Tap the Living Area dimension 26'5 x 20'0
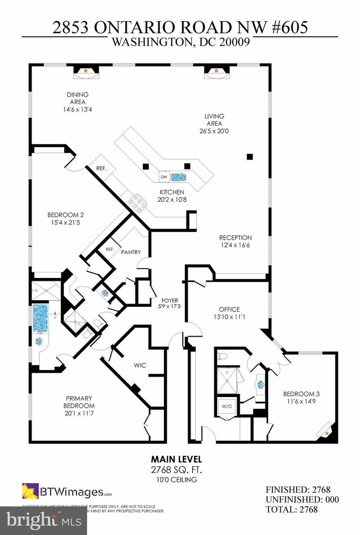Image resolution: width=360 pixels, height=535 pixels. pyautogui.click(x=214, y=132)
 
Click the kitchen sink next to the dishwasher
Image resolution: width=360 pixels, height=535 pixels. pyautogui.click(x=178, y=177)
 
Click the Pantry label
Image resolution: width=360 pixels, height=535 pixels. pyautogui.click(x=131, y=252)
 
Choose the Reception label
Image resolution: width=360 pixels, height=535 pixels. pyautogui.click(x=235, y=238)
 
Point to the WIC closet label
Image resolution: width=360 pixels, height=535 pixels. pyautogui.click(x=140, y=365)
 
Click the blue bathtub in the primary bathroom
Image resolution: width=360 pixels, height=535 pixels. pyautogui.click(x=40, y=317)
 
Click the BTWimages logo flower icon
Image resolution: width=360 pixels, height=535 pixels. pyautogui.click(x=29, y=491)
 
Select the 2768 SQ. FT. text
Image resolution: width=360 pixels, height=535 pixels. pyautogui.click(x=177, y=470)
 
